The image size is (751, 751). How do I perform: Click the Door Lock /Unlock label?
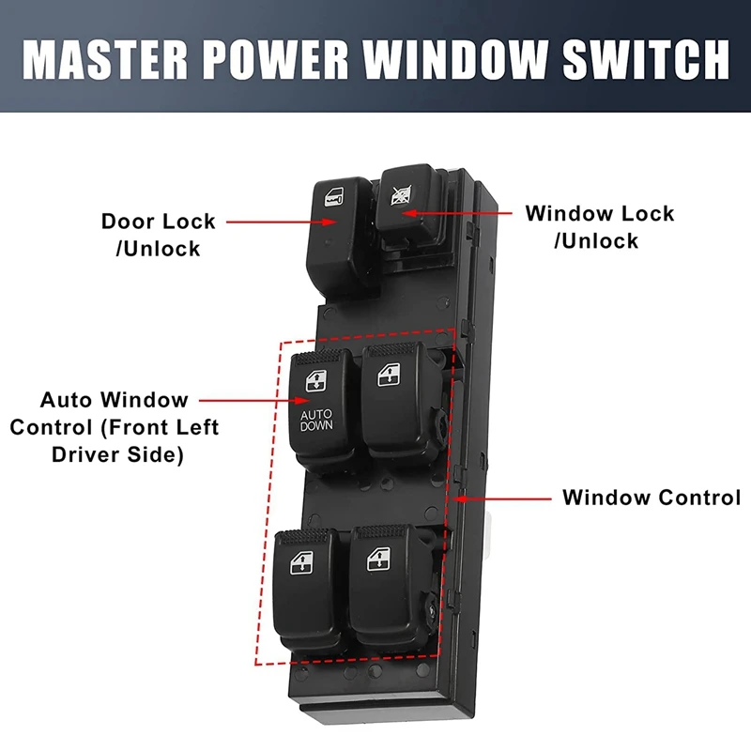point(158,235)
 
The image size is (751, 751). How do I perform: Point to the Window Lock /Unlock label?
point(599,226)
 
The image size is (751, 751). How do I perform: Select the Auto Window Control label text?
point(114,427)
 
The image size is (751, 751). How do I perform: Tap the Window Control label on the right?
point(651,498)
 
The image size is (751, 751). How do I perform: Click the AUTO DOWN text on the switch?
point(316,420)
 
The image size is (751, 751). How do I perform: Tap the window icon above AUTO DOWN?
point(314,379)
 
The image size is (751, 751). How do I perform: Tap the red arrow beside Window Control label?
point(502,498)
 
